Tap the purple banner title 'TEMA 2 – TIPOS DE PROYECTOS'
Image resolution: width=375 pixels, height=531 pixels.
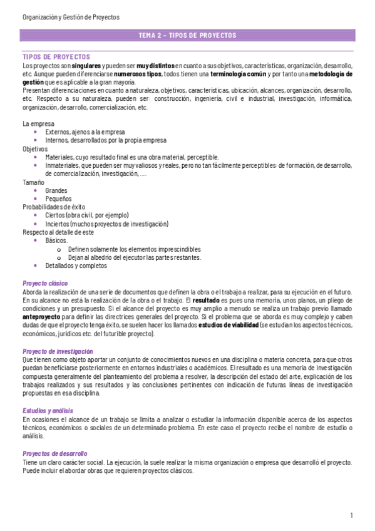click(187, 36)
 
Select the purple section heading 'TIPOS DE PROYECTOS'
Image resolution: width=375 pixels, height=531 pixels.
click(56, 57)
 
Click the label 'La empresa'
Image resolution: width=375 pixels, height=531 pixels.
click(38, 124)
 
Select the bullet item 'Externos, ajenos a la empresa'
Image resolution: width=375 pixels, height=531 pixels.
click(85, 132)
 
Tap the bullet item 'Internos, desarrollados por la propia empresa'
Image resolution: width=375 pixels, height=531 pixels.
click(106, 140)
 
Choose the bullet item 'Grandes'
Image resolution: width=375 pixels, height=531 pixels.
click(56, 190)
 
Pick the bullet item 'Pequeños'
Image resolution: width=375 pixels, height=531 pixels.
click(58, 198)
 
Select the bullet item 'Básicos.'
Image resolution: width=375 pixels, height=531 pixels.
click(57, 240)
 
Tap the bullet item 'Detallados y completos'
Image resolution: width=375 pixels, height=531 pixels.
click(76, 265)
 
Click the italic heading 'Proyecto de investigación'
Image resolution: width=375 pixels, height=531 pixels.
click(58, 351)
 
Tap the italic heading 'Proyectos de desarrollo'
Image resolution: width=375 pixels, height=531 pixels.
click(55, 435)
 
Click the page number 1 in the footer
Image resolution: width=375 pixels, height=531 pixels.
click(352, 515)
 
